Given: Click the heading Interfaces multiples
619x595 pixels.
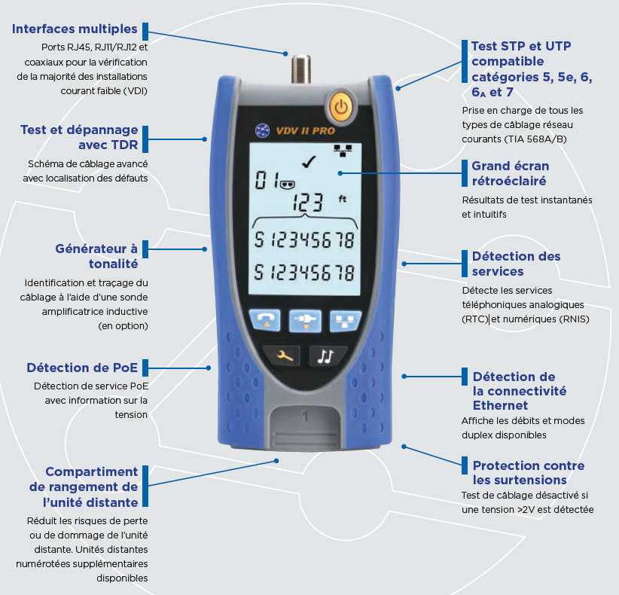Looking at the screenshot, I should [x=75, y=29].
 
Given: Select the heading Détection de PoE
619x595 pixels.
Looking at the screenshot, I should [x=82, y=368].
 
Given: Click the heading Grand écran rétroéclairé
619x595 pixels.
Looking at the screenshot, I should [x=510, y=173].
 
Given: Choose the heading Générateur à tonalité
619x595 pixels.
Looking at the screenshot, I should [x=96, y=256].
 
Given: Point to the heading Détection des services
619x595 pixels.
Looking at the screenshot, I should [x=516, y=264].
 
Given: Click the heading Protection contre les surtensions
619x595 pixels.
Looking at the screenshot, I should [x=519, y=472].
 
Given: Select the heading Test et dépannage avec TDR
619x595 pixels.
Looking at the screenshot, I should [x=79, y=137].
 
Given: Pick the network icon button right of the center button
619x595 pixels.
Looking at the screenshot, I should [x=344, y=320].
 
